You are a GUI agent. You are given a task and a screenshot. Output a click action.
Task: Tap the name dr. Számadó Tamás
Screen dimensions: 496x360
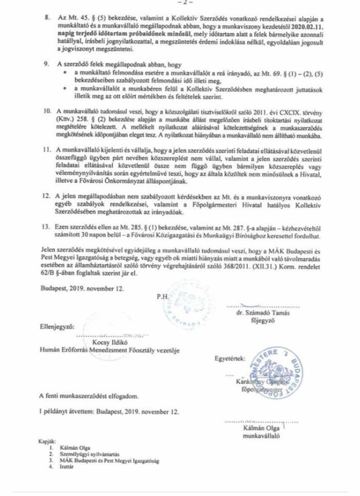pyautogui.click(x=265, y=314)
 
